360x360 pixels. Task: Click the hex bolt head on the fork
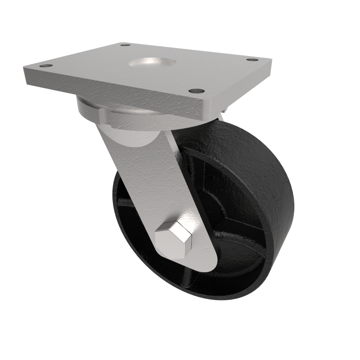(174, 239)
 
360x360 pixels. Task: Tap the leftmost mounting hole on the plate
(46, 66)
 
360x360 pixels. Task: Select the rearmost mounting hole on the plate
(126, 45)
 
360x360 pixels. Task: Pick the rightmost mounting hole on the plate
(253, 59)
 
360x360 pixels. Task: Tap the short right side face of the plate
(238, 92)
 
